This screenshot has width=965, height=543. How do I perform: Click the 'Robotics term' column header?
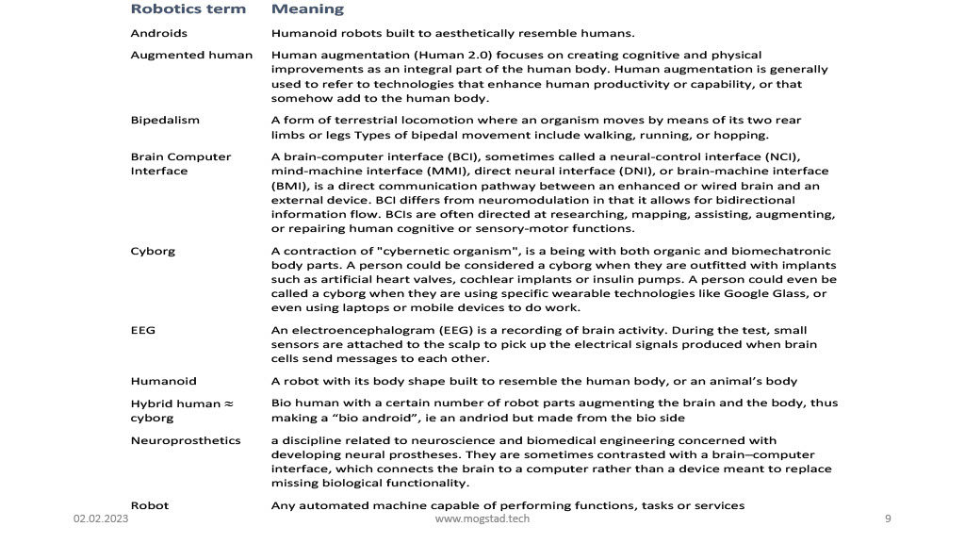[x=188, y=9]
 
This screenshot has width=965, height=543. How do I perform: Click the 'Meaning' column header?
[x=307, y=9]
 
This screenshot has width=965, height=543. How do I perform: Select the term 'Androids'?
[x=158, y=33]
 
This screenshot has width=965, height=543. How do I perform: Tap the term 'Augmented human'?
[x=191, y=55]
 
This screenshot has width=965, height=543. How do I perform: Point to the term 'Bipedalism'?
[x=165, y=120]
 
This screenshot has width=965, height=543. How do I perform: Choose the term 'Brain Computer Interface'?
[x=180, y=163]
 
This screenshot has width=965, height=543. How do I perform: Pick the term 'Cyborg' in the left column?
[x=153, y=251]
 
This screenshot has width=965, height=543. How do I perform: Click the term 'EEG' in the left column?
[x=143, y=331]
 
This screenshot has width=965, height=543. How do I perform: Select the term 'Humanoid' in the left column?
[x=163, y=381]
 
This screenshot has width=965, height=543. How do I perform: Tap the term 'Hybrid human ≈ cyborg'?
[x=181, y=410]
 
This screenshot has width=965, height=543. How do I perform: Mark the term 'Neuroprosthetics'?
[x=185, y=440]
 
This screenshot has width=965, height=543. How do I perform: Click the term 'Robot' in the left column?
[x=149, y=505]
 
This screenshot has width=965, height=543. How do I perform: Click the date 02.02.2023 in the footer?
[x=101, y=519]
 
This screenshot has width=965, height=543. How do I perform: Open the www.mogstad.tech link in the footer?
[x=482, y=519]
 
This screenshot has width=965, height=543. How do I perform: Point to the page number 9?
[x=888, y=519]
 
